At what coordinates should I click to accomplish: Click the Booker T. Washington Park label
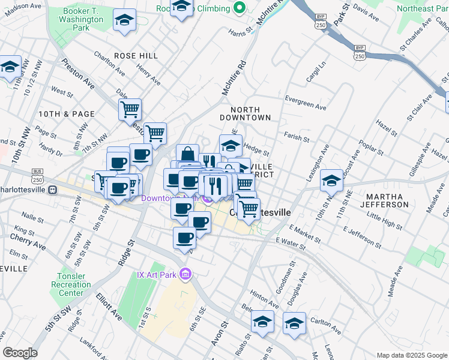[84, 19]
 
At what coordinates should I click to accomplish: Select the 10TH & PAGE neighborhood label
[66, 113]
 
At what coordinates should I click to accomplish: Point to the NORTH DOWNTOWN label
[250, 113]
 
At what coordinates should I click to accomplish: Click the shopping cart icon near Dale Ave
[129, 109]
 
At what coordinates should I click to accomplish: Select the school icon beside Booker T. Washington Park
[125, 20]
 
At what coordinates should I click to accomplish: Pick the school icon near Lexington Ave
[331, 179]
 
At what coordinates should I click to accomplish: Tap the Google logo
[20, 353]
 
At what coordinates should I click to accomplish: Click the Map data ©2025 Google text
[412, 355]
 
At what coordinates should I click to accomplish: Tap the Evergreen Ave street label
[306, 103]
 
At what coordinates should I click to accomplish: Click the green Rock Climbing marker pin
[240, 8]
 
